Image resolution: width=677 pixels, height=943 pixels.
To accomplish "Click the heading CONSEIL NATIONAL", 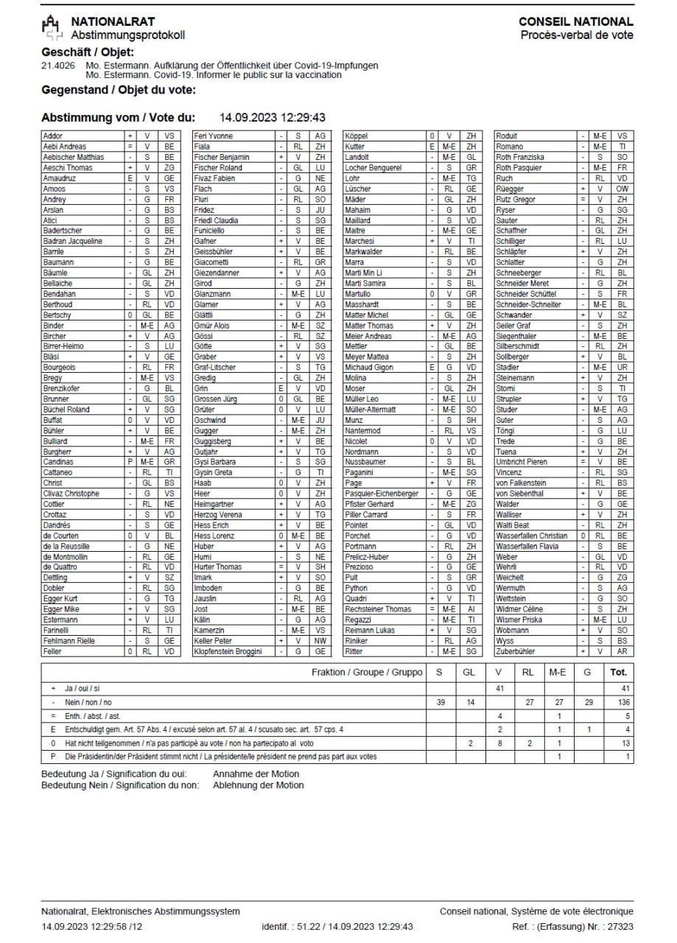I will coord(575,22).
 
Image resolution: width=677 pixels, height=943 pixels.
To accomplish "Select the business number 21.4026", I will coord(59,66).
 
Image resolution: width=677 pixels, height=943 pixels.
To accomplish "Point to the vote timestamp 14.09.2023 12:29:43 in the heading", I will coord(273,117).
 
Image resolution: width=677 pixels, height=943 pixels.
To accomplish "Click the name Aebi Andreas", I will coord(65,147).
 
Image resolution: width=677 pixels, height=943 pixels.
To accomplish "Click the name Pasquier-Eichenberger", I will coord(382,494).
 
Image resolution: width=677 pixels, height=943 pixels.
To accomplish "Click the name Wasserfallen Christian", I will coord(532,536).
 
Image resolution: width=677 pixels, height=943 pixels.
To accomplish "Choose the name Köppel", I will coord(357,136).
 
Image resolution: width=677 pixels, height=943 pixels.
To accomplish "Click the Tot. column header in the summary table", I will coord(618,672).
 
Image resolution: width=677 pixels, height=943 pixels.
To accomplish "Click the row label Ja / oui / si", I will coord(83,687).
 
